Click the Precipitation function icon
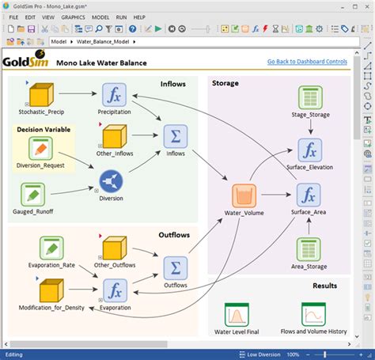pyautogui.click(x=115, y=95)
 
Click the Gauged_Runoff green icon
pyautogui.click(x=32, y=192)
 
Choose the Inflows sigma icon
pyautogui.click(x=174, y=136)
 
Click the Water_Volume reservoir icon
pyautogui.click(x=244, y=195)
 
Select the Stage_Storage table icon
pyautogui.click(x=309, y=98)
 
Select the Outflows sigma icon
pyautogui.click(x=175, y=268)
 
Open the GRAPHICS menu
pyautogui.click(x=73, y=17)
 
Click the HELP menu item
pyautogui.click(x=139, y=17)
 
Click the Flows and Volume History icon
pyautogui.click(x=313, y=315)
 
